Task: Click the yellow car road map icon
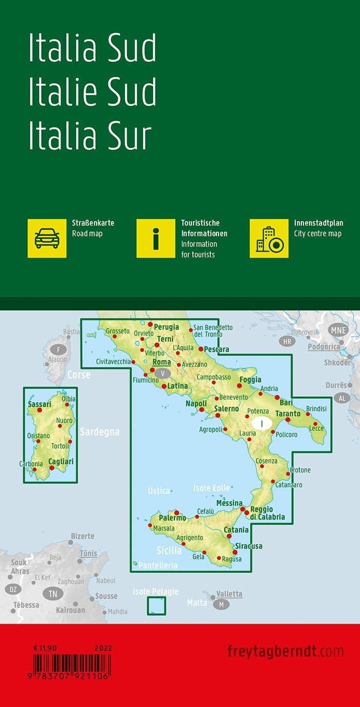tap(47, 238)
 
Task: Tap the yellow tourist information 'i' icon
tap(156, 238)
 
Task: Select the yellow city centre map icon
tap(269, 238)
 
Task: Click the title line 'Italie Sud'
tap(92, 93)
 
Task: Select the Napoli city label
tap(196, 403)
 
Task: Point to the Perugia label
tap(166, 327)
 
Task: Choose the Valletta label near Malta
tap(229, 593)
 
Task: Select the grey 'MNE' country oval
tap(339, 330)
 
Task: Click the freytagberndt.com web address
tap(285, 651)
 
